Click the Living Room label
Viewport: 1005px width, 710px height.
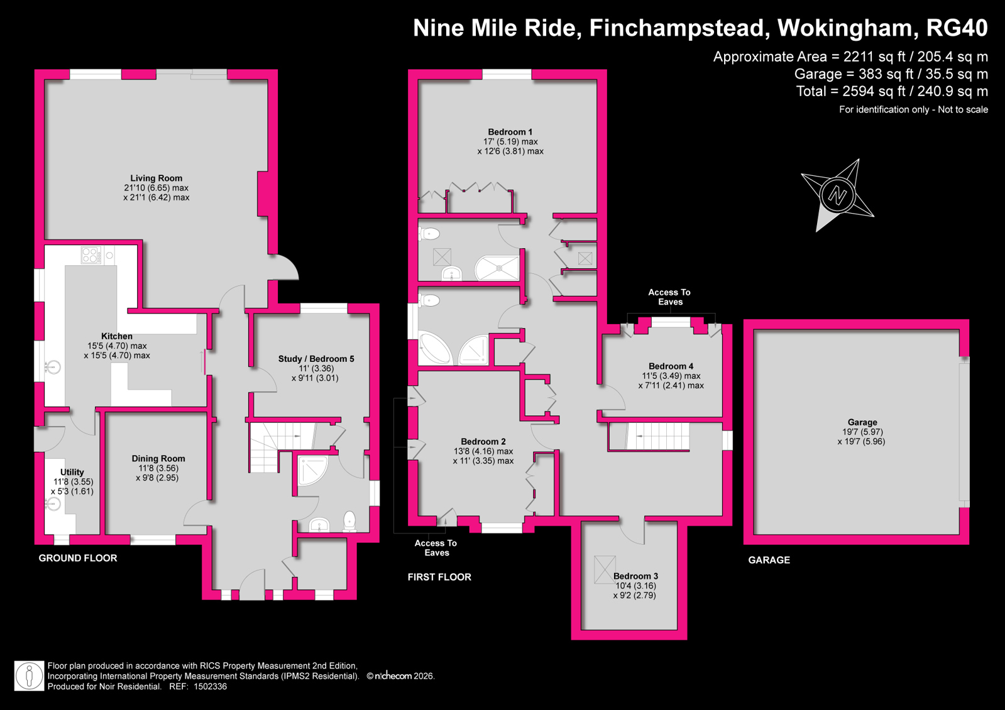156,178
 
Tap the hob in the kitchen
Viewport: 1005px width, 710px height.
92,255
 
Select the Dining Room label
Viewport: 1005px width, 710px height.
158,459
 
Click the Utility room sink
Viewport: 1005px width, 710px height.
53,505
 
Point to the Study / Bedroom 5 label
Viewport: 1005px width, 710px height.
316,359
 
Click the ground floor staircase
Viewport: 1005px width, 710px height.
280,446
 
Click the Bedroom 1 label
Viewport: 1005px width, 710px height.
510,132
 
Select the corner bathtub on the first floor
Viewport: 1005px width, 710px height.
434,348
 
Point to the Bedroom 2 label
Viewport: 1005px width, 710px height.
483,441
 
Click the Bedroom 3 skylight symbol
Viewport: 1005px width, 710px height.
605,570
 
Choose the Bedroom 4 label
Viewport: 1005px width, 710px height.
671,366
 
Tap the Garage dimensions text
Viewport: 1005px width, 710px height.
862,437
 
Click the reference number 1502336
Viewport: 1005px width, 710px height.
210,687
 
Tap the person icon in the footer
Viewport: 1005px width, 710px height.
30,676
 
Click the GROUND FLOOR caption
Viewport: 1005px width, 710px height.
77,558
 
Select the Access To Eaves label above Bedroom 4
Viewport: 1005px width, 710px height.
669,297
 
